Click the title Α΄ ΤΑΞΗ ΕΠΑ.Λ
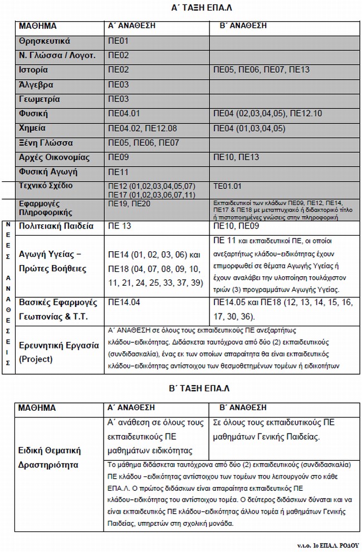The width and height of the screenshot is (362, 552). click(x=204, y=9)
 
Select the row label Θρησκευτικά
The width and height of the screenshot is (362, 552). click(x=44, y=41)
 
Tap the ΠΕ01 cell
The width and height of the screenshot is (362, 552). click(x=119, y=41)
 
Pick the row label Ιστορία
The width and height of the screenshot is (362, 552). click(x=33, y=70)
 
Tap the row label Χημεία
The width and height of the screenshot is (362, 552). click(x=33, y=128)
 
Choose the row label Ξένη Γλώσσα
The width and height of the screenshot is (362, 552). click(x=45, y=143)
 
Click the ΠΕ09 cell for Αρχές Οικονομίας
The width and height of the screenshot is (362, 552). click(x=119, y=157)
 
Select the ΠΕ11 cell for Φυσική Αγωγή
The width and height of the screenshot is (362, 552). click(x=118, y=172)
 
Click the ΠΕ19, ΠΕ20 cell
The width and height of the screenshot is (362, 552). click(x=128, y=204)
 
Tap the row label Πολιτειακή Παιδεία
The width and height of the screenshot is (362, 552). click(x=56, y=227)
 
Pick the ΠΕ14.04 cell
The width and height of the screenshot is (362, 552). click(x=123, y=303)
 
